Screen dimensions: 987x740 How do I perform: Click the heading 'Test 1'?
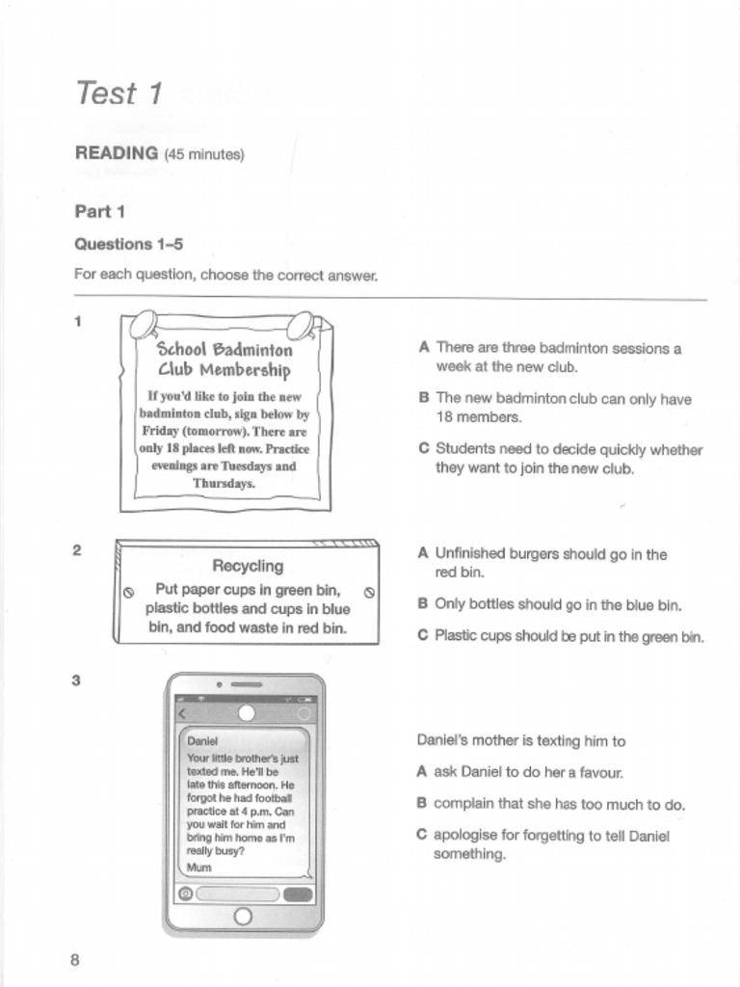coord(119,93)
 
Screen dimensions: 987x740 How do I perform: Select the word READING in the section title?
coord(116,153)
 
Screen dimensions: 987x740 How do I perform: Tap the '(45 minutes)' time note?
coord(203,154)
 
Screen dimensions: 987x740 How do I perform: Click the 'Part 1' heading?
coord(100,211)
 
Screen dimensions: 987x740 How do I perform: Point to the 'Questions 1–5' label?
coord(128,244)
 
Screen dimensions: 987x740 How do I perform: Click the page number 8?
coord(75,959)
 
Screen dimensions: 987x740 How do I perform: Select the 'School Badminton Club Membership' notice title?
coord(225,360)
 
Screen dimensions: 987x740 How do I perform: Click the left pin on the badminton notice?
coord(142,324)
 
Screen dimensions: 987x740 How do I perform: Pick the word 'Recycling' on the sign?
coord(248,566)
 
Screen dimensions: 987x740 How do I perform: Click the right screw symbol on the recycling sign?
coord(369,592)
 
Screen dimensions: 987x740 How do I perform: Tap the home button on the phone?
coord(243,916)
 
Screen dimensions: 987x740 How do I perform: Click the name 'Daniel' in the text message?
coord(202,741)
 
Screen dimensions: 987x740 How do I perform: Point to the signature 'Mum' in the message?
coord(198,867)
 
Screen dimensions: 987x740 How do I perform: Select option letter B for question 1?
coord(423,398)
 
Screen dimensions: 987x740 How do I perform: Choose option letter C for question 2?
coord(423,635)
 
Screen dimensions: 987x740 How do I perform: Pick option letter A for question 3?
coord(422,771)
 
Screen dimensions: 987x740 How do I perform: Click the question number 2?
coord(77,550)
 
